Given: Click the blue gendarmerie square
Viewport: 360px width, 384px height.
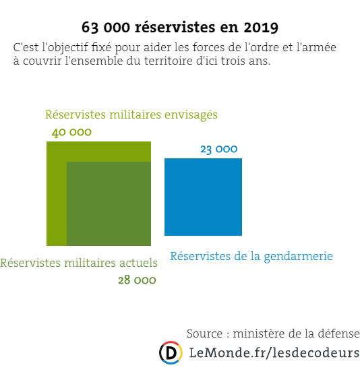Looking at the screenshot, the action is tap(203, 197).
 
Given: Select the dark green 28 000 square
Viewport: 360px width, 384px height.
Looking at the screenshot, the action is tap(109, 203).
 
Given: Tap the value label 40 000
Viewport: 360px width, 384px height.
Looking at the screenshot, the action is tap(71, 132).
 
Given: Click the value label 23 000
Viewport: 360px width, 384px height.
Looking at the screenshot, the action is tap(219, 149).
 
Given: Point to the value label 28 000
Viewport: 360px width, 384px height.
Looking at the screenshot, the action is tap(137, 280).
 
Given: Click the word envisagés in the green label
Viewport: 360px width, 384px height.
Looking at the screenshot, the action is tap(191, 115).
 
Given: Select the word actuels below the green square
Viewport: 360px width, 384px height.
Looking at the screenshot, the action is tap(138, 263).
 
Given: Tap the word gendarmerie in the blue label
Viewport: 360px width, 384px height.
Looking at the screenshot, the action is tap(298, 257).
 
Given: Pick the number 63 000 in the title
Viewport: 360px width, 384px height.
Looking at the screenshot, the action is tap(106, 27).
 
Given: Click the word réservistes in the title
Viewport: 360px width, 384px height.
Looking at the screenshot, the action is tap(175, 27).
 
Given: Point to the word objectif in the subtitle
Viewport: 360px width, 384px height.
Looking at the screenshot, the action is tap(65, 47).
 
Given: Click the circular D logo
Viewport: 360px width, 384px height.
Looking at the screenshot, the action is tap(171, 352).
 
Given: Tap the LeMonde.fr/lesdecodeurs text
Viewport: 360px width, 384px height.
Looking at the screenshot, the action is tap(274, 353).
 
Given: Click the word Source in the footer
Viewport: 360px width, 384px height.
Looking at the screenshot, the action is tap(205, 333).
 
